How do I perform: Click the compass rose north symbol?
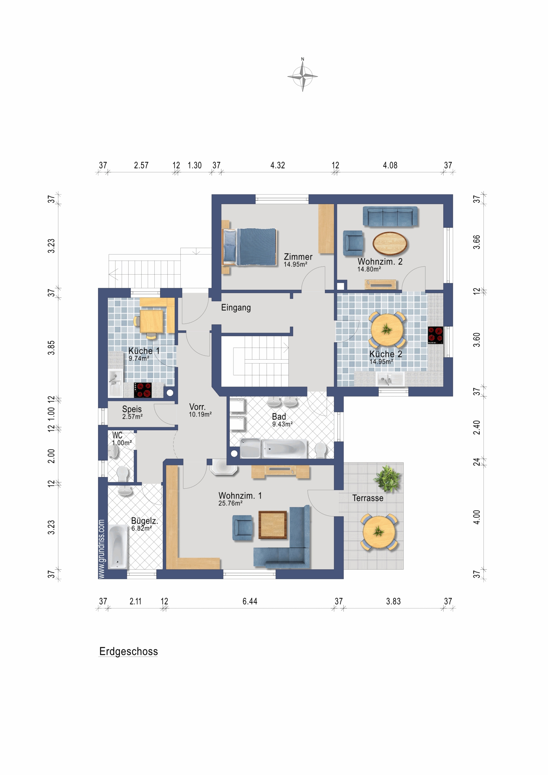click(x=302, y=75)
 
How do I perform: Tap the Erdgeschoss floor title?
click(x=129, y=651)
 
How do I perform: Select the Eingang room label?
click(x=236, y=308)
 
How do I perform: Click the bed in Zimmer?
click(x=249, y=247)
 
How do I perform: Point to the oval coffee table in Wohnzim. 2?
click(x=390, y=243)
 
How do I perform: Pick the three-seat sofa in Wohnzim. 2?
click(x=390, y=216)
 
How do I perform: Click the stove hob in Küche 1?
click(x=143, y=390)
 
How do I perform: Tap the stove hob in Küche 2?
click(x=435, y=335)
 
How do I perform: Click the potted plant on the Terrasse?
click(x=387, y=478)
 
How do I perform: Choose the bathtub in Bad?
click(x=285, y=449)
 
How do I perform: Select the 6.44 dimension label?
click(x=250, y=601)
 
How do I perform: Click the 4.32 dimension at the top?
click(x=278, y=165)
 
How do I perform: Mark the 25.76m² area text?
click(x=230, y=503)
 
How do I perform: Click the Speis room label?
click(x=132, y=409)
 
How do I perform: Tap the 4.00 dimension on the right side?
click(x=477, y=517)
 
